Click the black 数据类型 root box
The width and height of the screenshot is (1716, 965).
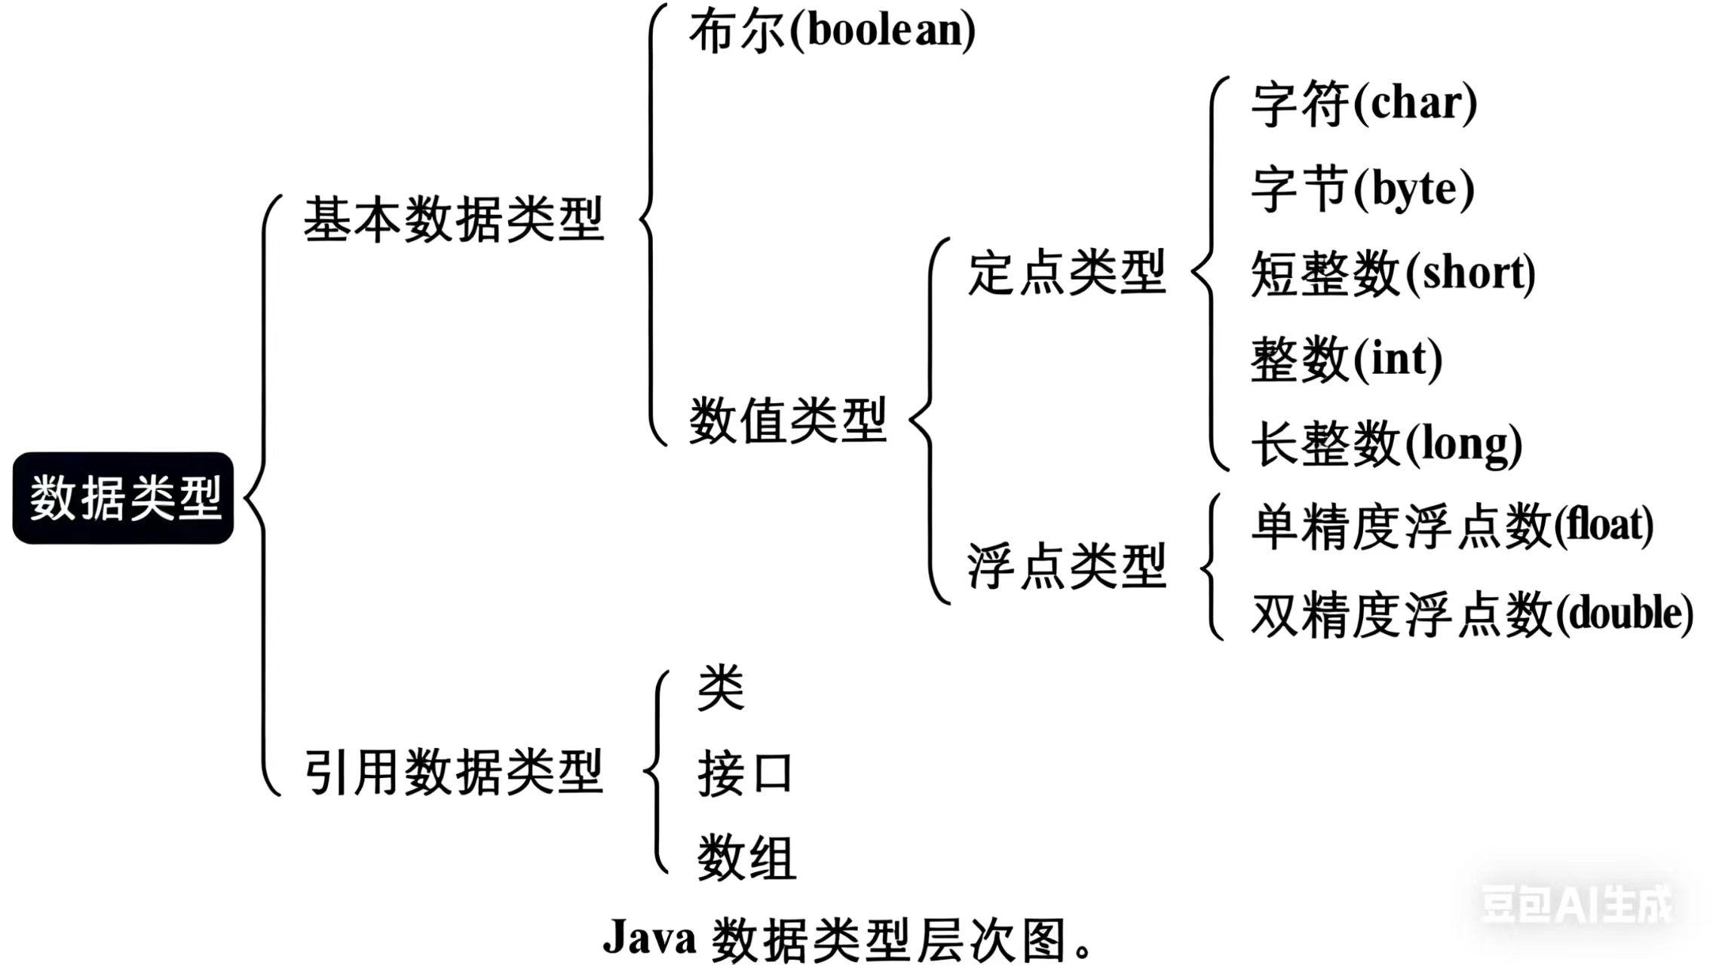[124, 498]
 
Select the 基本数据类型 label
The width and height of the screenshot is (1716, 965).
[454, 219]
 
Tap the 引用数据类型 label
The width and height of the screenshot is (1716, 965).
[454, 772]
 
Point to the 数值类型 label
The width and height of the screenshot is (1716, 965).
[788, 420]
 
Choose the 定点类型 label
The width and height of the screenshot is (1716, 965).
[1067, 272]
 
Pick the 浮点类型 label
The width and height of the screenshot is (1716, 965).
[1067, 565]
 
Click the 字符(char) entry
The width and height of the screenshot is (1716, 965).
[1364, 104]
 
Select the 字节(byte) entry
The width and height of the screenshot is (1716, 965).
[1362, 189]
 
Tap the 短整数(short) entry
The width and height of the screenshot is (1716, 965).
[1393, 274]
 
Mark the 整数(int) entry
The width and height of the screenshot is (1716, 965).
[1347, 359]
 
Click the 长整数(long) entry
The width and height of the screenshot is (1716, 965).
[1387, 444]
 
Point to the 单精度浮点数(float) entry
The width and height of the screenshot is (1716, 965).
[1452, 526]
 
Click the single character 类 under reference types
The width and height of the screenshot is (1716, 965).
[721, 688]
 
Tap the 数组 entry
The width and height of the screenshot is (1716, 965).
[746, 858]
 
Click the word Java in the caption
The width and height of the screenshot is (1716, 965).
[649, 938]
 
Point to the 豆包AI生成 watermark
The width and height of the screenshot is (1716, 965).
[1577, 903]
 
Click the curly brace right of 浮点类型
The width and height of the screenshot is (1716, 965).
[1209, 566]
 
